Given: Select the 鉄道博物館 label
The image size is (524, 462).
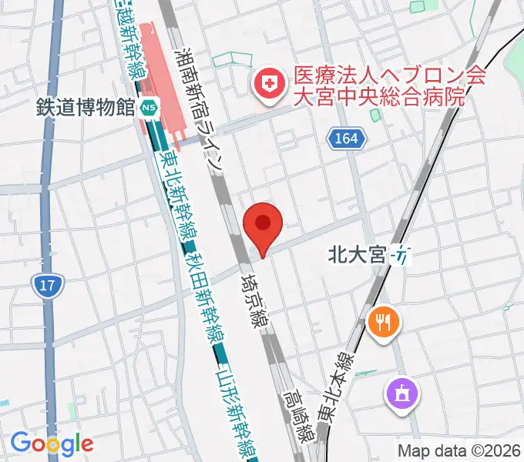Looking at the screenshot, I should coord(86,108).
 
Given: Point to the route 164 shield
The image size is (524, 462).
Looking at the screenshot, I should coord(347,139).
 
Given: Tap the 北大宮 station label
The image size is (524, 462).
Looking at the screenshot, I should coord(356,253).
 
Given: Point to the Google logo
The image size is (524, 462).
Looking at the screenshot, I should coord(52,444).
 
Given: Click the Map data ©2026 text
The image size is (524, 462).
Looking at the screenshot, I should coord(459,450).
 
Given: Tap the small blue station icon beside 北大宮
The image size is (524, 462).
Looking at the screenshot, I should coord(403,253).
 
